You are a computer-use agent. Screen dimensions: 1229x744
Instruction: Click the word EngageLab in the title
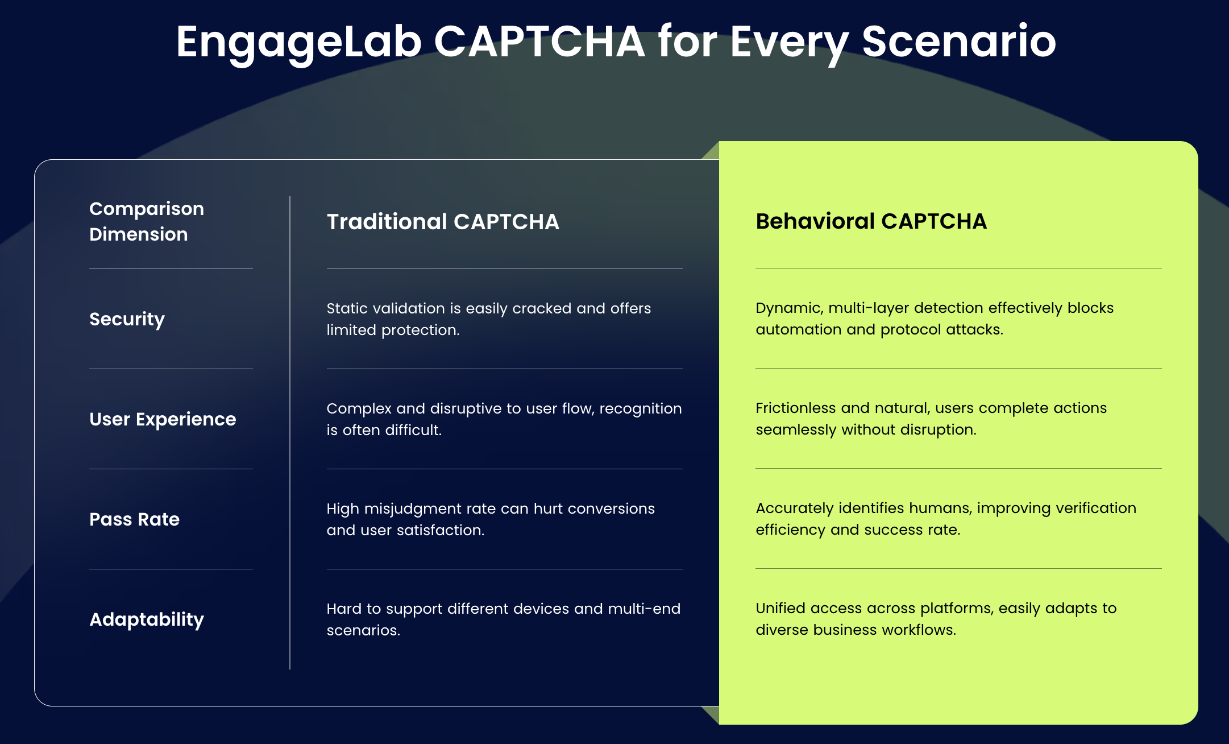coord(299,43)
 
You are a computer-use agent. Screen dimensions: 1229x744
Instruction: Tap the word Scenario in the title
coord(959,42)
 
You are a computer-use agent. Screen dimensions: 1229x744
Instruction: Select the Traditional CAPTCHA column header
coord(443,222)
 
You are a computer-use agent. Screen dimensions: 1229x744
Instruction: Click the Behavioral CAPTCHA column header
coord(871,221)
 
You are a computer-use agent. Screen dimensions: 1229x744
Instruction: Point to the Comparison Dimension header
coord(147,221)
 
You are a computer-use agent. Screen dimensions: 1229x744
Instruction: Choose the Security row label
coord(127,319)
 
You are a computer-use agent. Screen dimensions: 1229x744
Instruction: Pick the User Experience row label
coord(163,419)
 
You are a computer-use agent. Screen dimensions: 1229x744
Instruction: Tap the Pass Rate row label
coord(134,519)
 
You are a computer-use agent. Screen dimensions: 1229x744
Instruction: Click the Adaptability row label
coord(147,619)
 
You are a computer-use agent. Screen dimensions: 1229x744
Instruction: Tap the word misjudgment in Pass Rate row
coord(413,509)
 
